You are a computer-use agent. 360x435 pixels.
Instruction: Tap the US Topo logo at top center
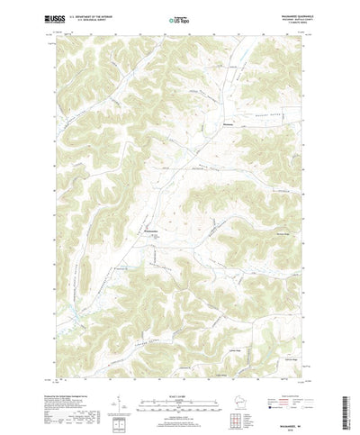coord(179,17)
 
